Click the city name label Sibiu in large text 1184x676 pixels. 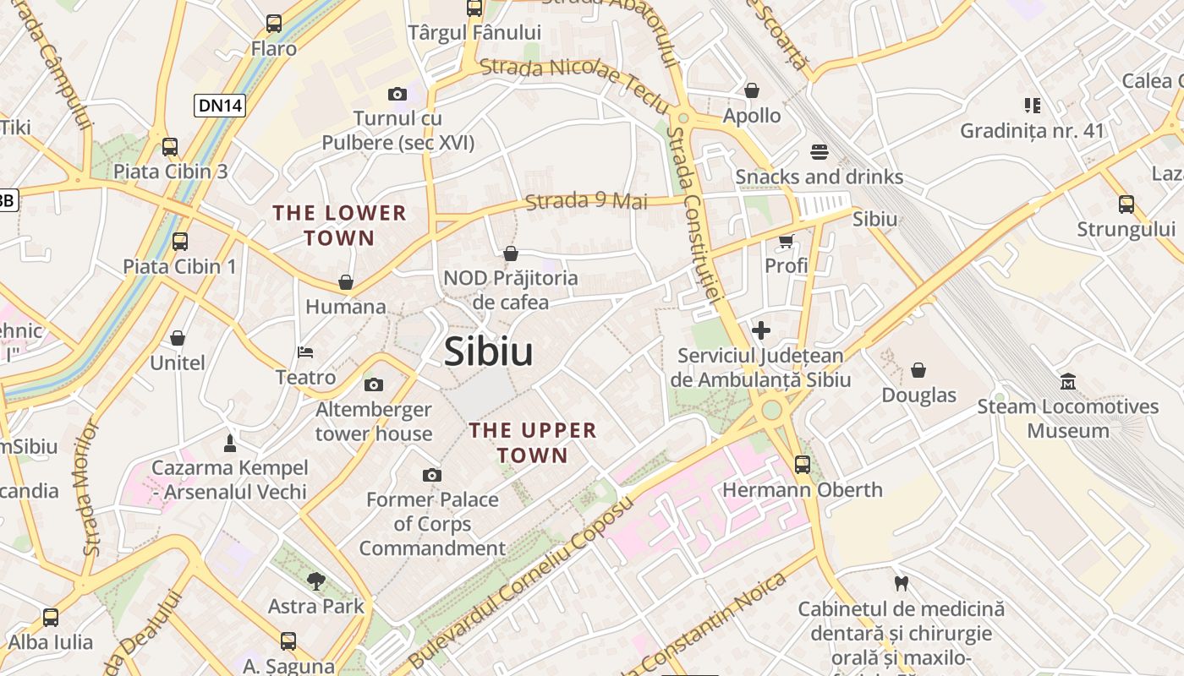pos(489,352)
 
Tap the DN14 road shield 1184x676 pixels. pos(220,106)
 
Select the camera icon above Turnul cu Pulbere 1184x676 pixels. pos(397,94)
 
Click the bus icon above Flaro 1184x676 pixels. pos(274,24)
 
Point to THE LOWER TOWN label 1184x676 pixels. pos(339,225)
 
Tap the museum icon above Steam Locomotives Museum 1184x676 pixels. pos(1068,382)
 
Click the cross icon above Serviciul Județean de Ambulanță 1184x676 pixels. pos(760,330)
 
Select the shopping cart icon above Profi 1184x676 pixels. pos(786,242)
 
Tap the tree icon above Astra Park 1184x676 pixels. pos(316,581)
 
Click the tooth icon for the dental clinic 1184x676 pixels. pos(901,583)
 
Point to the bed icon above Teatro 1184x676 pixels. pos(306,352)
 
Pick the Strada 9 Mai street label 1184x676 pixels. pos(586,201)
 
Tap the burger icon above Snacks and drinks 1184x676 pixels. pos(819,152)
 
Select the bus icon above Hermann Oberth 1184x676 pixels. pos(802,464)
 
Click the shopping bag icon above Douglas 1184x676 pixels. pos(918,370)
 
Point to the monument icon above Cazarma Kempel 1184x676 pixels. pos(229,443)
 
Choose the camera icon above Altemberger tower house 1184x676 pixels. pos(374,385)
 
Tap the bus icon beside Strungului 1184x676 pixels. pos(1126,204)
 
